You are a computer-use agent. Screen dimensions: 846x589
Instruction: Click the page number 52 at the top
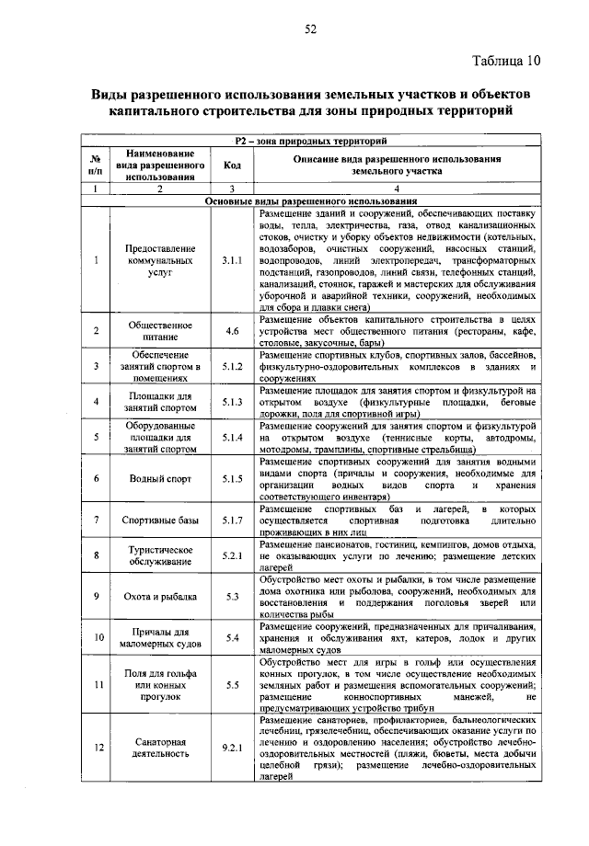pyautogui.click(x=310, y=29)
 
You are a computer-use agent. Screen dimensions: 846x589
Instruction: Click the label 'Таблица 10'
pyautogui.click(x=506, y=62)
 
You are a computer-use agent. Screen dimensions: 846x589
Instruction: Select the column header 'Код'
pyautogui.click(x=232, y=166)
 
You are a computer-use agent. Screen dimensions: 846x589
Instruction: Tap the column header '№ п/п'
pyautogui.click(x=96, y=166)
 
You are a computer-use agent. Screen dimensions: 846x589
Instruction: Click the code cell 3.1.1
pyautogui.click(x=232, y=261)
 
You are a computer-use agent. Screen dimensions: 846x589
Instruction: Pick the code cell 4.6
pyautogui.click(x=232, y=331)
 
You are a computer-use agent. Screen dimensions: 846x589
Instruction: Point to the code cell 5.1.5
pyautogui.click(x=232, y=478)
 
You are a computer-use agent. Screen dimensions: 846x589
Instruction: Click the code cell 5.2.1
pyautogui.click(x=232, y=556)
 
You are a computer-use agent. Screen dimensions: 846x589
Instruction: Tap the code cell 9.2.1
pyautogui.click(x=232, y=748)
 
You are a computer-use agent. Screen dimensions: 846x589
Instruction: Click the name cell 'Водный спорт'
pyautogui.click(x=159, y=478)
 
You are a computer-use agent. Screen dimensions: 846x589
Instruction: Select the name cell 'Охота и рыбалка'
pyautogui.click(x=159, y=596)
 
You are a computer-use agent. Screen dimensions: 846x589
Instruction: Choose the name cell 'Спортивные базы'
pyautogui.click(x=159, y=520)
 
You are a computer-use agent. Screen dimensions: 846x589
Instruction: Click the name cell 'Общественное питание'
pyautogui.click(x=159, y=331)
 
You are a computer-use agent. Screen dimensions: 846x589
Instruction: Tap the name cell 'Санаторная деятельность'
pyautogui.click(x=159, y=748)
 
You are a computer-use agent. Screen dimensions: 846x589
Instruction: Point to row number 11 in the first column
pyautogui.click(x=96, y=685)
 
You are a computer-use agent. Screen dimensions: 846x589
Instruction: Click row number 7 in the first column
pyautogui.click(x=96, y=520)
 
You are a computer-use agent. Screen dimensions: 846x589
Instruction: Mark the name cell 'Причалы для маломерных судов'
pyautogui.click(x=159, y=636)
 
